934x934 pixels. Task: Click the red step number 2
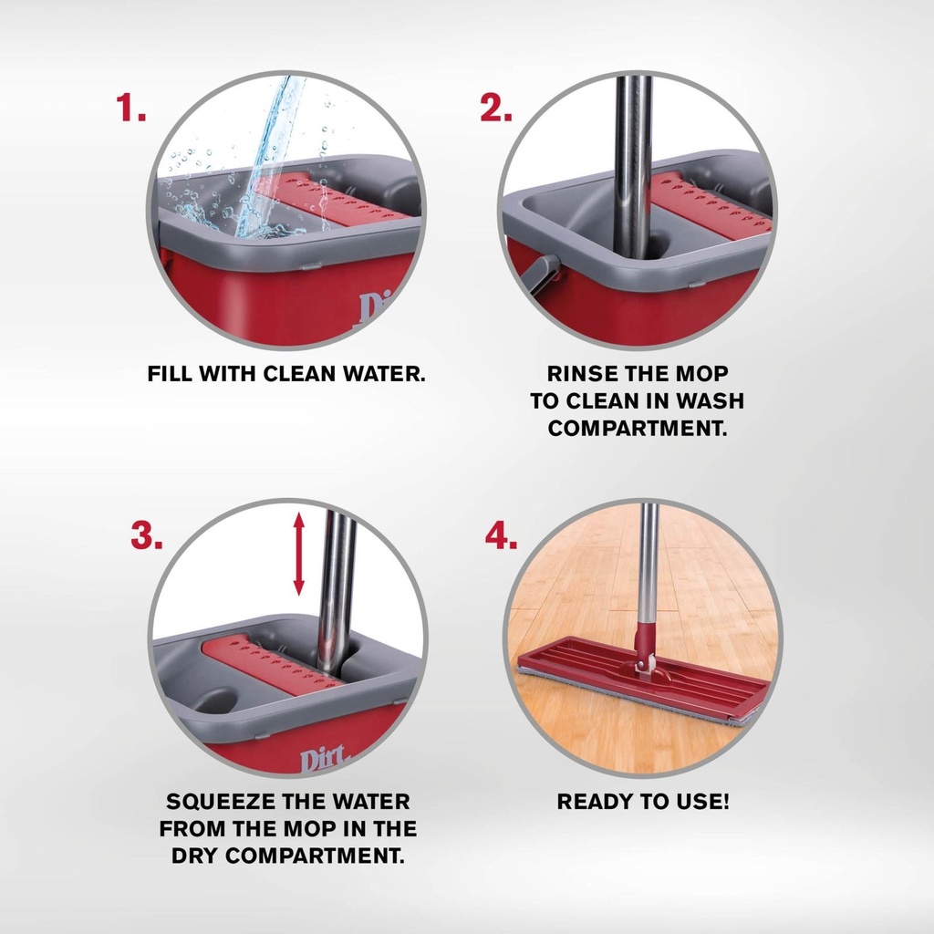pyautogui.click(x=495, y=109)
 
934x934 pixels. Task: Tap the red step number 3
pyautogui.click(x=147, y=536)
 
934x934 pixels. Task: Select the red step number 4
pyautogui.click(x=501, y=536)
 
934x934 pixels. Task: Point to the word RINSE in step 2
pyautogui.click(x=583, y=373)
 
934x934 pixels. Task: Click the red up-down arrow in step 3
pyautogui.click(x=299, y=555)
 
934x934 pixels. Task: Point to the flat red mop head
pyautogui.click(x=638, y=682)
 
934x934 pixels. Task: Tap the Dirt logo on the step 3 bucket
pyautogui.click(x=323, y=760)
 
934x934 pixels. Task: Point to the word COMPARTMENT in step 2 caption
pyautogui.click(x=638, y=429)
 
